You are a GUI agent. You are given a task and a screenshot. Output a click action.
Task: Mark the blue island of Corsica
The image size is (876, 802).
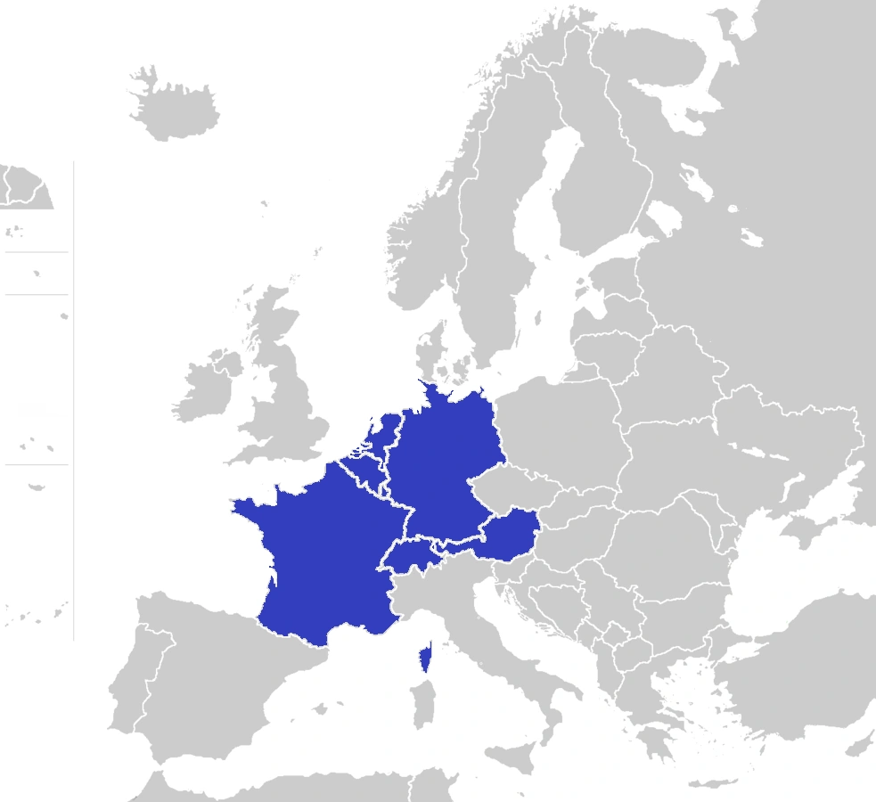[426, 658]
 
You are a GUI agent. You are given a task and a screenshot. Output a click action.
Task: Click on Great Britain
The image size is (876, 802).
[285, 392]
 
